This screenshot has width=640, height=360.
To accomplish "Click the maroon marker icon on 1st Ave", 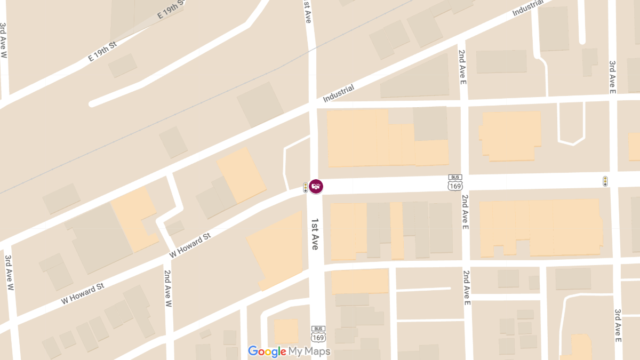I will click(x=316, y=187).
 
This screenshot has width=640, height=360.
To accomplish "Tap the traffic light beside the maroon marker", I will click(x=306, y=187).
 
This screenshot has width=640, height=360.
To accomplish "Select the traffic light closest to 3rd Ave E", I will click(x=605, y=181).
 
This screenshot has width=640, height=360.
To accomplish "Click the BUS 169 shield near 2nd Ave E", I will click(x=455, y=182).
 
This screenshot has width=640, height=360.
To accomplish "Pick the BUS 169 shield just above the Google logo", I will click(x=318, y=334).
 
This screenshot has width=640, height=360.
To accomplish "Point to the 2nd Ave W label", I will click(x=167, y=289).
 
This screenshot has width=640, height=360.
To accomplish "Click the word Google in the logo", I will click(x=267, y=351).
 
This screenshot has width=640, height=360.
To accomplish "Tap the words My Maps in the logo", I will click(x=309, y=351).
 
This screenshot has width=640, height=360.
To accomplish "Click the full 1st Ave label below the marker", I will click(x=315, y=234).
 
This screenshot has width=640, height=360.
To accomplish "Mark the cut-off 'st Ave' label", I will click(x=307, y=11).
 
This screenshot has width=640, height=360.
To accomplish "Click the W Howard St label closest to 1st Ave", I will click(x=190, y=244).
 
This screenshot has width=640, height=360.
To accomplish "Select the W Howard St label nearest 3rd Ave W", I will click(x=82, y=293).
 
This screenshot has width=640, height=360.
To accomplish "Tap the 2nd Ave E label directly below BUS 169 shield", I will click(x=465, y=212).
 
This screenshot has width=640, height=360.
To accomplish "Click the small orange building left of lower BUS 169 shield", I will click(x=286, y=331).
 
